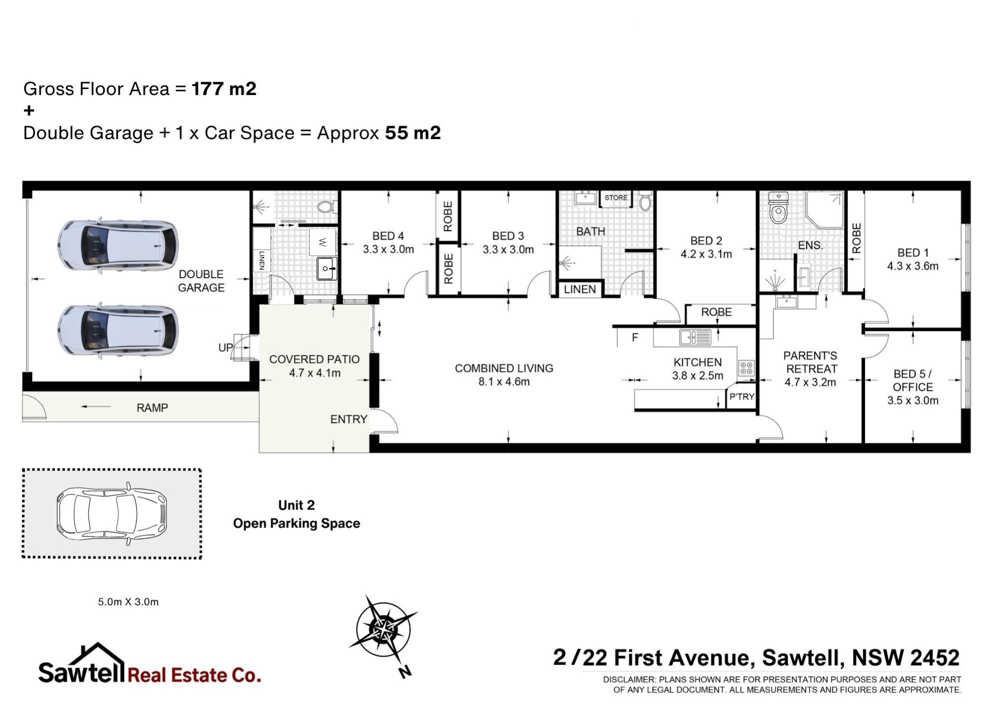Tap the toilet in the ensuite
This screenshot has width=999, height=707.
(778, 207)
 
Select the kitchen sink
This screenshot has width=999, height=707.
(695, 337)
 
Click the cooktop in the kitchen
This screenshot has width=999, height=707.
(746, 368)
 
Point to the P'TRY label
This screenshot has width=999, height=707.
(742, 397)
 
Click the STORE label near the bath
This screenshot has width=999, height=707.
(616, 197)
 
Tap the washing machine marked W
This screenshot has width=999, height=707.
(323, 242)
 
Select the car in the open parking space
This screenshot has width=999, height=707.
(111, 513)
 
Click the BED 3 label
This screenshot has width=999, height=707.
(508, 235)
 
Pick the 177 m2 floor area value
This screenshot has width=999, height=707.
(224, 88)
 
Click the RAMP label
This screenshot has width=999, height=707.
(152, 407)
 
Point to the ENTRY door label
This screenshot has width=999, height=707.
(349, 419)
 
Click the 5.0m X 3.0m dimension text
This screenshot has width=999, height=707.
(128, 602)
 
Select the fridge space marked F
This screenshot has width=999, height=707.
(635, 337)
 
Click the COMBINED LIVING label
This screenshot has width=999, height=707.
(504, 368)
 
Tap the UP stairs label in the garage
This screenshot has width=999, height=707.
(225, 347)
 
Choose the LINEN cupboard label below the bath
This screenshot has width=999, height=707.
(580, 289)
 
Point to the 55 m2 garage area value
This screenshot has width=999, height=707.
(413, 132)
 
